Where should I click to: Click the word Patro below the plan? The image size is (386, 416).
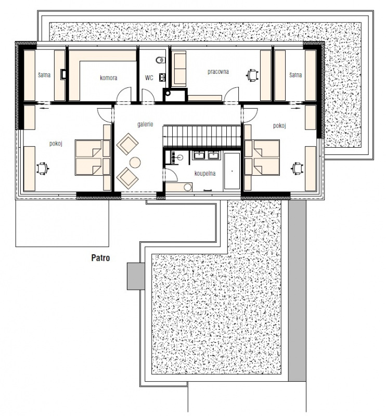pyautogui.click(x=100, y=258)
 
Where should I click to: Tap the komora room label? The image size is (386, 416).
pyautogui.click(x=109, y=77)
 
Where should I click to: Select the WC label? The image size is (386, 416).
pyautogui.click(x=149, y=77)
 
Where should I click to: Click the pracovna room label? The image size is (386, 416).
pyautogui.click(x=218, y=72)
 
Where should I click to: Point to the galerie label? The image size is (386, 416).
pyautogui.click(x=145, y=124)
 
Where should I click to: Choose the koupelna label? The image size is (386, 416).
pyautogui.click(x=205, y=174)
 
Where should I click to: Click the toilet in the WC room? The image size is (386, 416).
pyautogui.click(x=161, y=60)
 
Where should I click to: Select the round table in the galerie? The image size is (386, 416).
pyautogui.click(x=135, y=163)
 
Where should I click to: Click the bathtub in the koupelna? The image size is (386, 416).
pyautogui.click(x=232, y=171)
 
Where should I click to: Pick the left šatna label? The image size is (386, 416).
pyautogui.click(x=44, y=75)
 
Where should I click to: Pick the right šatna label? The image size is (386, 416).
pyautogui.click(x=295, y=75)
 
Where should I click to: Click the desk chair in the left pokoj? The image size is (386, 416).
pyautogui.click(x=43, y=168)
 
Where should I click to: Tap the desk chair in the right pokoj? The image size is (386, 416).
pyautogui.click(x=298, y=168)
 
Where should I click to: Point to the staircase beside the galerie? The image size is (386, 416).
pyautogui.click(x=202, y=136)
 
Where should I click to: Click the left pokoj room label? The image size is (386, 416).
pyautogui.click(x=56, y=144)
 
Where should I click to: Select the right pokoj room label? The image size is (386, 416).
pyautogui.click(x=279, y=125)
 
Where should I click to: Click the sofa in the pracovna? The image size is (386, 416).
pyautogui.click(x=179, y=69)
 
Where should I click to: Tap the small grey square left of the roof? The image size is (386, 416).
pyautogui.click(x=136, y=276)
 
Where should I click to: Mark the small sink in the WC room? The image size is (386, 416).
pyautogui.click(x=162, y=77)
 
